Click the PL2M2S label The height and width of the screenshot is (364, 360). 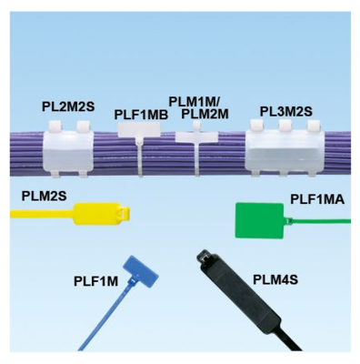click(x=68, y=106)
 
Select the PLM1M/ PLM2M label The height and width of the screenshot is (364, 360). click(x=198, y=106)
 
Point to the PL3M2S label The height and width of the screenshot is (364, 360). click(x=286, y=111)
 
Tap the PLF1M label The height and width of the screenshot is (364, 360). click(x=95, y=281)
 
